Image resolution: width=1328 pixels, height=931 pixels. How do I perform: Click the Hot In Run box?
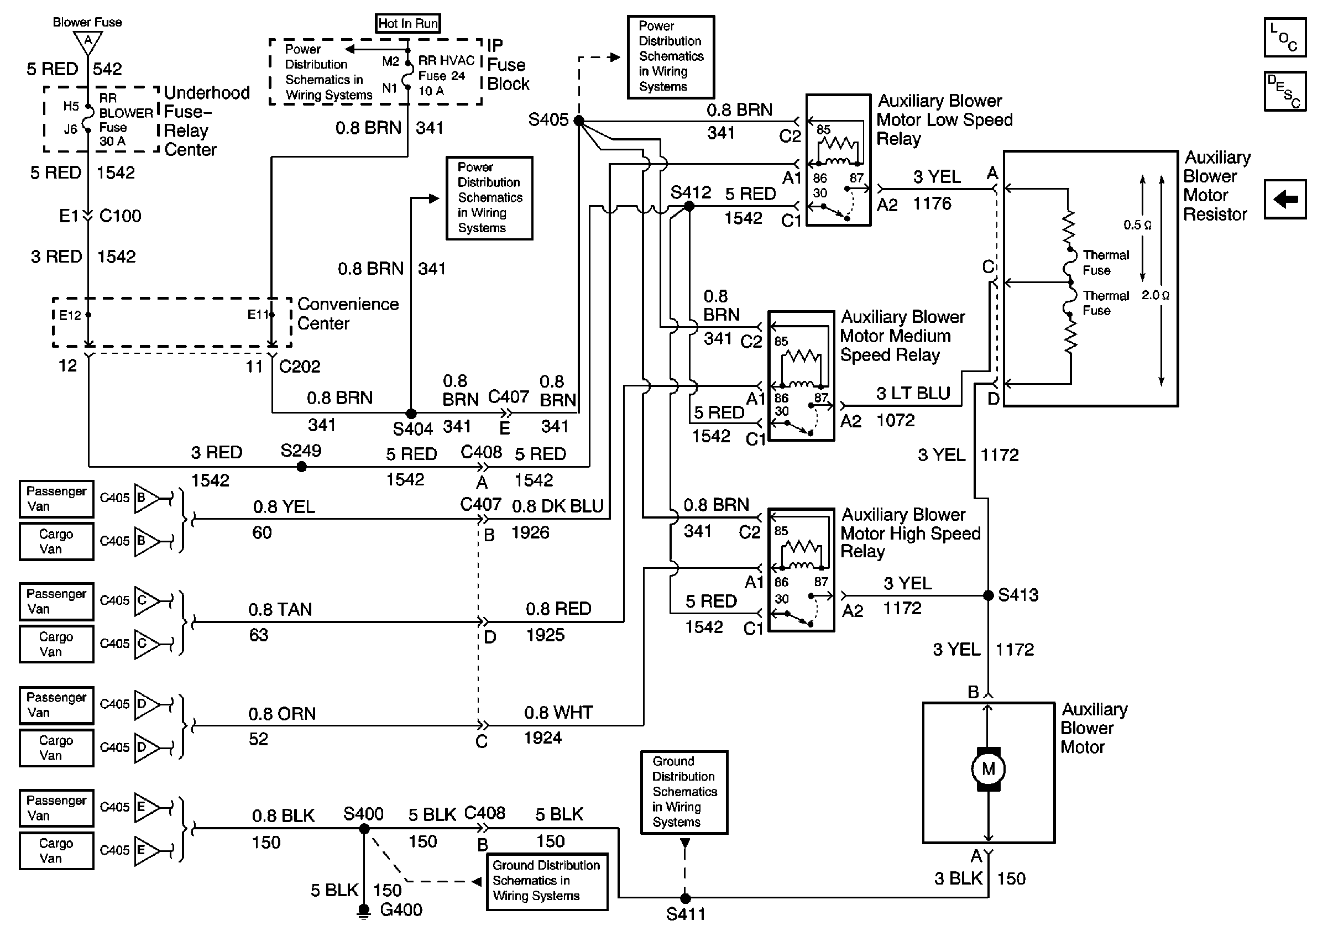(408, 23)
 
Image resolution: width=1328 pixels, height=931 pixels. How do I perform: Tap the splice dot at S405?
(579, 121)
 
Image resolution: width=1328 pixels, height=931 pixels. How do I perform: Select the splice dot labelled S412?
(689, 206)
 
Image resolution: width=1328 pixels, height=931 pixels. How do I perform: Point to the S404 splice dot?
(411, 414)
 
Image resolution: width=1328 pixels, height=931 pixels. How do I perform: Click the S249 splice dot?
(301, 467)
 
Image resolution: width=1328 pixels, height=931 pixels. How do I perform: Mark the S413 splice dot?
(989, 595)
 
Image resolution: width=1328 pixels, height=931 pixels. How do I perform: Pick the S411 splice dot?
(686, 898)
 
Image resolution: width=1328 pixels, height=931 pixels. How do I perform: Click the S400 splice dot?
(364, 829)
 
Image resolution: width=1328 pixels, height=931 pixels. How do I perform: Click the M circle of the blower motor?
(988, 769)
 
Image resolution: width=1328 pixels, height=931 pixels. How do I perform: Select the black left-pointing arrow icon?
(1285, 200)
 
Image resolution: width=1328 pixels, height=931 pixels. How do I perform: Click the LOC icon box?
(1285, 37)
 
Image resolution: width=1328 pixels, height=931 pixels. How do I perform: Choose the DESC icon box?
(1285, 91)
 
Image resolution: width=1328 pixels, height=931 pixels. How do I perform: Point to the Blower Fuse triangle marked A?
(88, 41)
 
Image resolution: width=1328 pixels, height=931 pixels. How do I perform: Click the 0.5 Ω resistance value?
(1137, 225)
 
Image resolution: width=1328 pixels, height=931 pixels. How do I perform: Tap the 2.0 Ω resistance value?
(1155, 295)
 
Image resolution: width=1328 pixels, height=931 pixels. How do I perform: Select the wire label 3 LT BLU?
(913, 393)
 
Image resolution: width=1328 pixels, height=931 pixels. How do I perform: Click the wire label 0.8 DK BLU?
(558, 506)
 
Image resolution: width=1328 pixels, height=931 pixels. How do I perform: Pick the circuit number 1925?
(545, 635)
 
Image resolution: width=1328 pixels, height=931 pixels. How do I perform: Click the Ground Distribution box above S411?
(684, 792)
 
